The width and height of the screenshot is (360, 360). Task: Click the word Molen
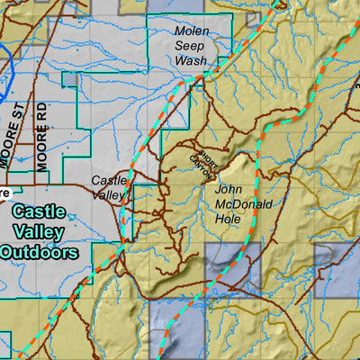pos(191,31)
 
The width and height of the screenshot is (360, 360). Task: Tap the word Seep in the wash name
pos(191,47)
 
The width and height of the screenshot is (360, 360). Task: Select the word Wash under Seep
pos(191,61)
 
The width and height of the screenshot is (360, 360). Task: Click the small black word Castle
pos(110,181)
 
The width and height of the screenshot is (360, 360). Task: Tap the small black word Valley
pos(110,194)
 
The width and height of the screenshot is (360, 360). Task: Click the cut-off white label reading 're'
pos(4,192)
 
